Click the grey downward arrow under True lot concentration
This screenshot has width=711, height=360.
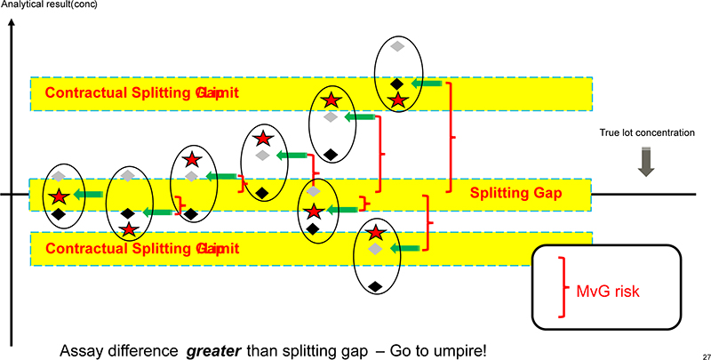click(x=646, y=161)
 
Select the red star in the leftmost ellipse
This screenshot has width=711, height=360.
click(x=59, y=196)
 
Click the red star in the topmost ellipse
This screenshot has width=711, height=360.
click(x=398, y=100)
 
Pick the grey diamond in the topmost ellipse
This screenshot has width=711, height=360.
click(x=398, y=44)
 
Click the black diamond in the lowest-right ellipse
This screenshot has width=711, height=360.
click(x=376, y=285)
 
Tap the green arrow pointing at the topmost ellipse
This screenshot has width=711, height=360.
click(x=428, y=84)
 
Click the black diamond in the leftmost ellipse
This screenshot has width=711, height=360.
click(x=59, y=214)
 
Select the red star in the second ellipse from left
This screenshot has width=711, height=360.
click(x=130, y=229)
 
